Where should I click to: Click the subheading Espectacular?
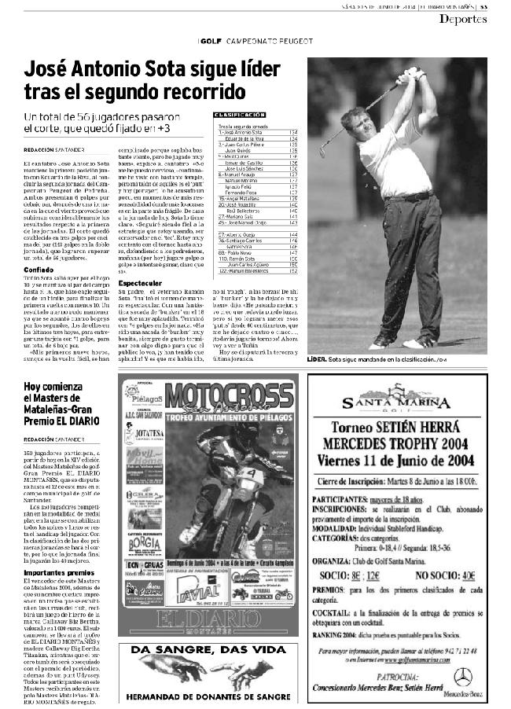click(141, 281)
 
